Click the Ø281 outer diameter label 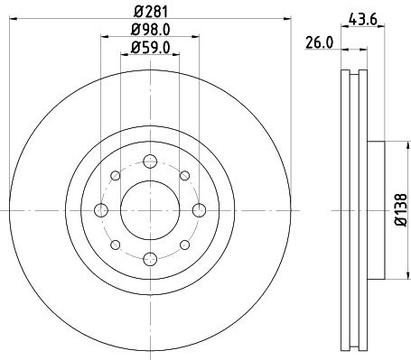tap(150, 12)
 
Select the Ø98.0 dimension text tap(150, 30)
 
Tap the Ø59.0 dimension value tap(150, 48)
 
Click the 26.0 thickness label tap(320, 42)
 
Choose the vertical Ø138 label tap(401, 210)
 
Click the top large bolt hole tap(150, 162)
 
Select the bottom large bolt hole tap(150, 259)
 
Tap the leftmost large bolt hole tap(101, 210)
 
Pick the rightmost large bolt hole tap(199, 210)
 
